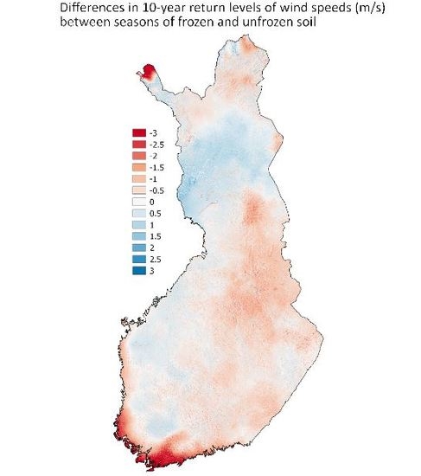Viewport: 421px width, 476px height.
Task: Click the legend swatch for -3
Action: [137, 132]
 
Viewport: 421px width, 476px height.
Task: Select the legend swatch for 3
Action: [137, 271]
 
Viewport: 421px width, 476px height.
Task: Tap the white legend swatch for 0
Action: [137, 202]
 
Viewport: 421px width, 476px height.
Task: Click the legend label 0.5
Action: [156, 213]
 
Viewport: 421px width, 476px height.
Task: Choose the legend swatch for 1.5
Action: [137, 236]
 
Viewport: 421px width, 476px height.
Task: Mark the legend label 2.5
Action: [156, 260]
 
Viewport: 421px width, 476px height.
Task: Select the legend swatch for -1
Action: [137, 178]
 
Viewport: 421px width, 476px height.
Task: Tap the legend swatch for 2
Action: [137, 248]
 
